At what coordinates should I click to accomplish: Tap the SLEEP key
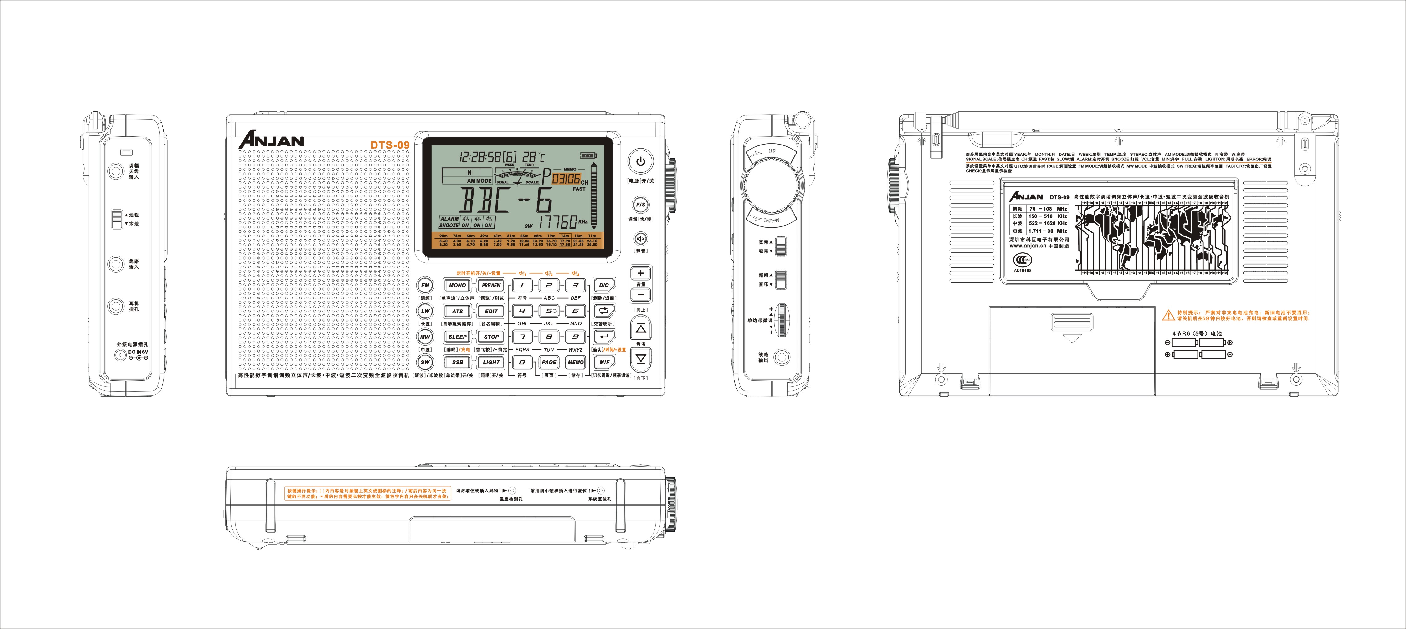click(x=457, y=337)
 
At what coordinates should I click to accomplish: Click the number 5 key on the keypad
click(x=549, y=311)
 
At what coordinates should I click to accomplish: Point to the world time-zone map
click(x=1152, y=237)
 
